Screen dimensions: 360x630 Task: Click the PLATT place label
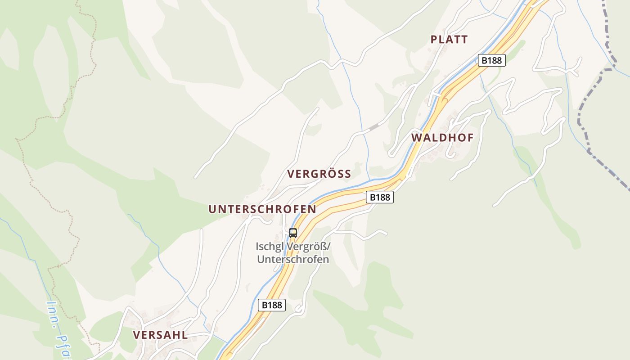449,40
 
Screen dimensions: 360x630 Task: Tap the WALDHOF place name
442,138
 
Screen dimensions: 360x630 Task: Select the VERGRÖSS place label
319,174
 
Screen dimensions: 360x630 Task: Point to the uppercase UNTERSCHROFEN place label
262,209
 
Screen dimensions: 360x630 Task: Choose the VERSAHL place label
160,335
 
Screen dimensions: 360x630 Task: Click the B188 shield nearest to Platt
491,60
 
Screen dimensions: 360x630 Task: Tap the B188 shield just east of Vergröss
379,197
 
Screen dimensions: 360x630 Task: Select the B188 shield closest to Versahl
272,305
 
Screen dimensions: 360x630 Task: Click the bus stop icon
293,233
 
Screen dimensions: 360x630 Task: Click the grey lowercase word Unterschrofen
292,260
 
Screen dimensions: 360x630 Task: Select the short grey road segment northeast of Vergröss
374,127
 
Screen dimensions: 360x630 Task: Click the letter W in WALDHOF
416,138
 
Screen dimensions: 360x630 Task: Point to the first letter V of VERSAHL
136,335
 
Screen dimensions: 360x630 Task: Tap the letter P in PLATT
434,40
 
